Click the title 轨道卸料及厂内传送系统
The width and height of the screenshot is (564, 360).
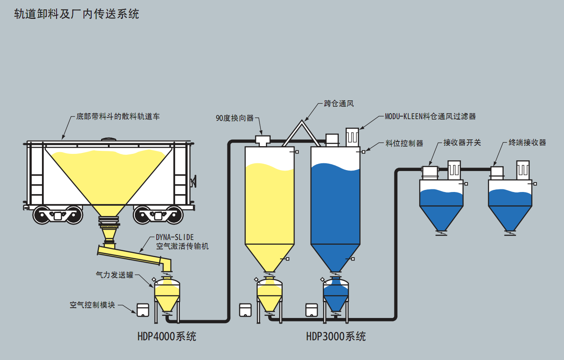click(x=77, y=14)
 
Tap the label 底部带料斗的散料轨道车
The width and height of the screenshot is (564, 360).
click(x=118, y=116)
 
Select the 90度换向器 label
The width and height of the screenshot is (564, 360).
click(x=235, y=118)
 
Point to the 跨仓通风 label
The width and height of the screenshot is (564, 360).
click(x=339, y=104)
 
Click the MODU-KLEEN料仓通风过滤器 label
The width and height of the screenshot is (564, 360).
click(x=430, y=116)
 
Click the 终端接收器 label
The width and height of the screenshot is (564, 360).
click(x=527, y=142)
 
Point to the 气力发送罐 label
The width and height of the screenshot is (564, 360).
click(x=114, y=275)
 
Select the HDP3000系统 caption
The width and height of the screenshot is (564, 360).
click(x=336, y=336)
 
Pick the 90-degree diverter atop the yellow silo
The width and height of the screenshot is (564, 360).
click(x=262, y=140)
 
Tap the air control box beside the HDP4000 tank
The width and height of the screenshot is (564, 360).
click(x=143, y=310)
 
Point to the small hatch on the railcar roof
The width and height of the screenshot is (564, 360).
click(x=109, y=139)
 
